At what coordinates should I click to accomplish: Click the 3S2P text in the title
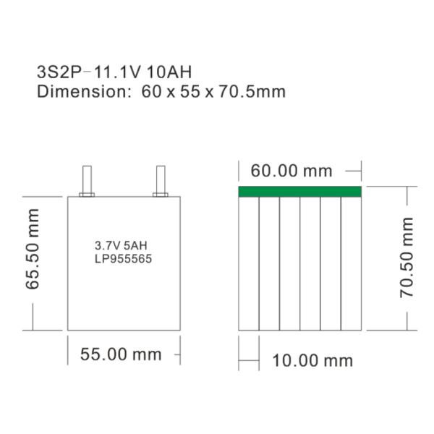coord(56,72)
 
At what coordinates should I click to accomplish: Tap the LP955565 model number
coord(123,258)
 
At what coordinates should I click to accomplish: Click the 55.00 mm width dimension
coord(120,354)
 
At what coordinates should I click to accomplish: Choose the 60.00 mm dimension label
coord(291,171)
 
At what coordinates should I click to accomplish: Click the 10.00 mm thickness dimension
coord(312,360)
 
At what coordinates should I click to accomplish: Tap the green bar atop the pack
coord(299,191)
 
